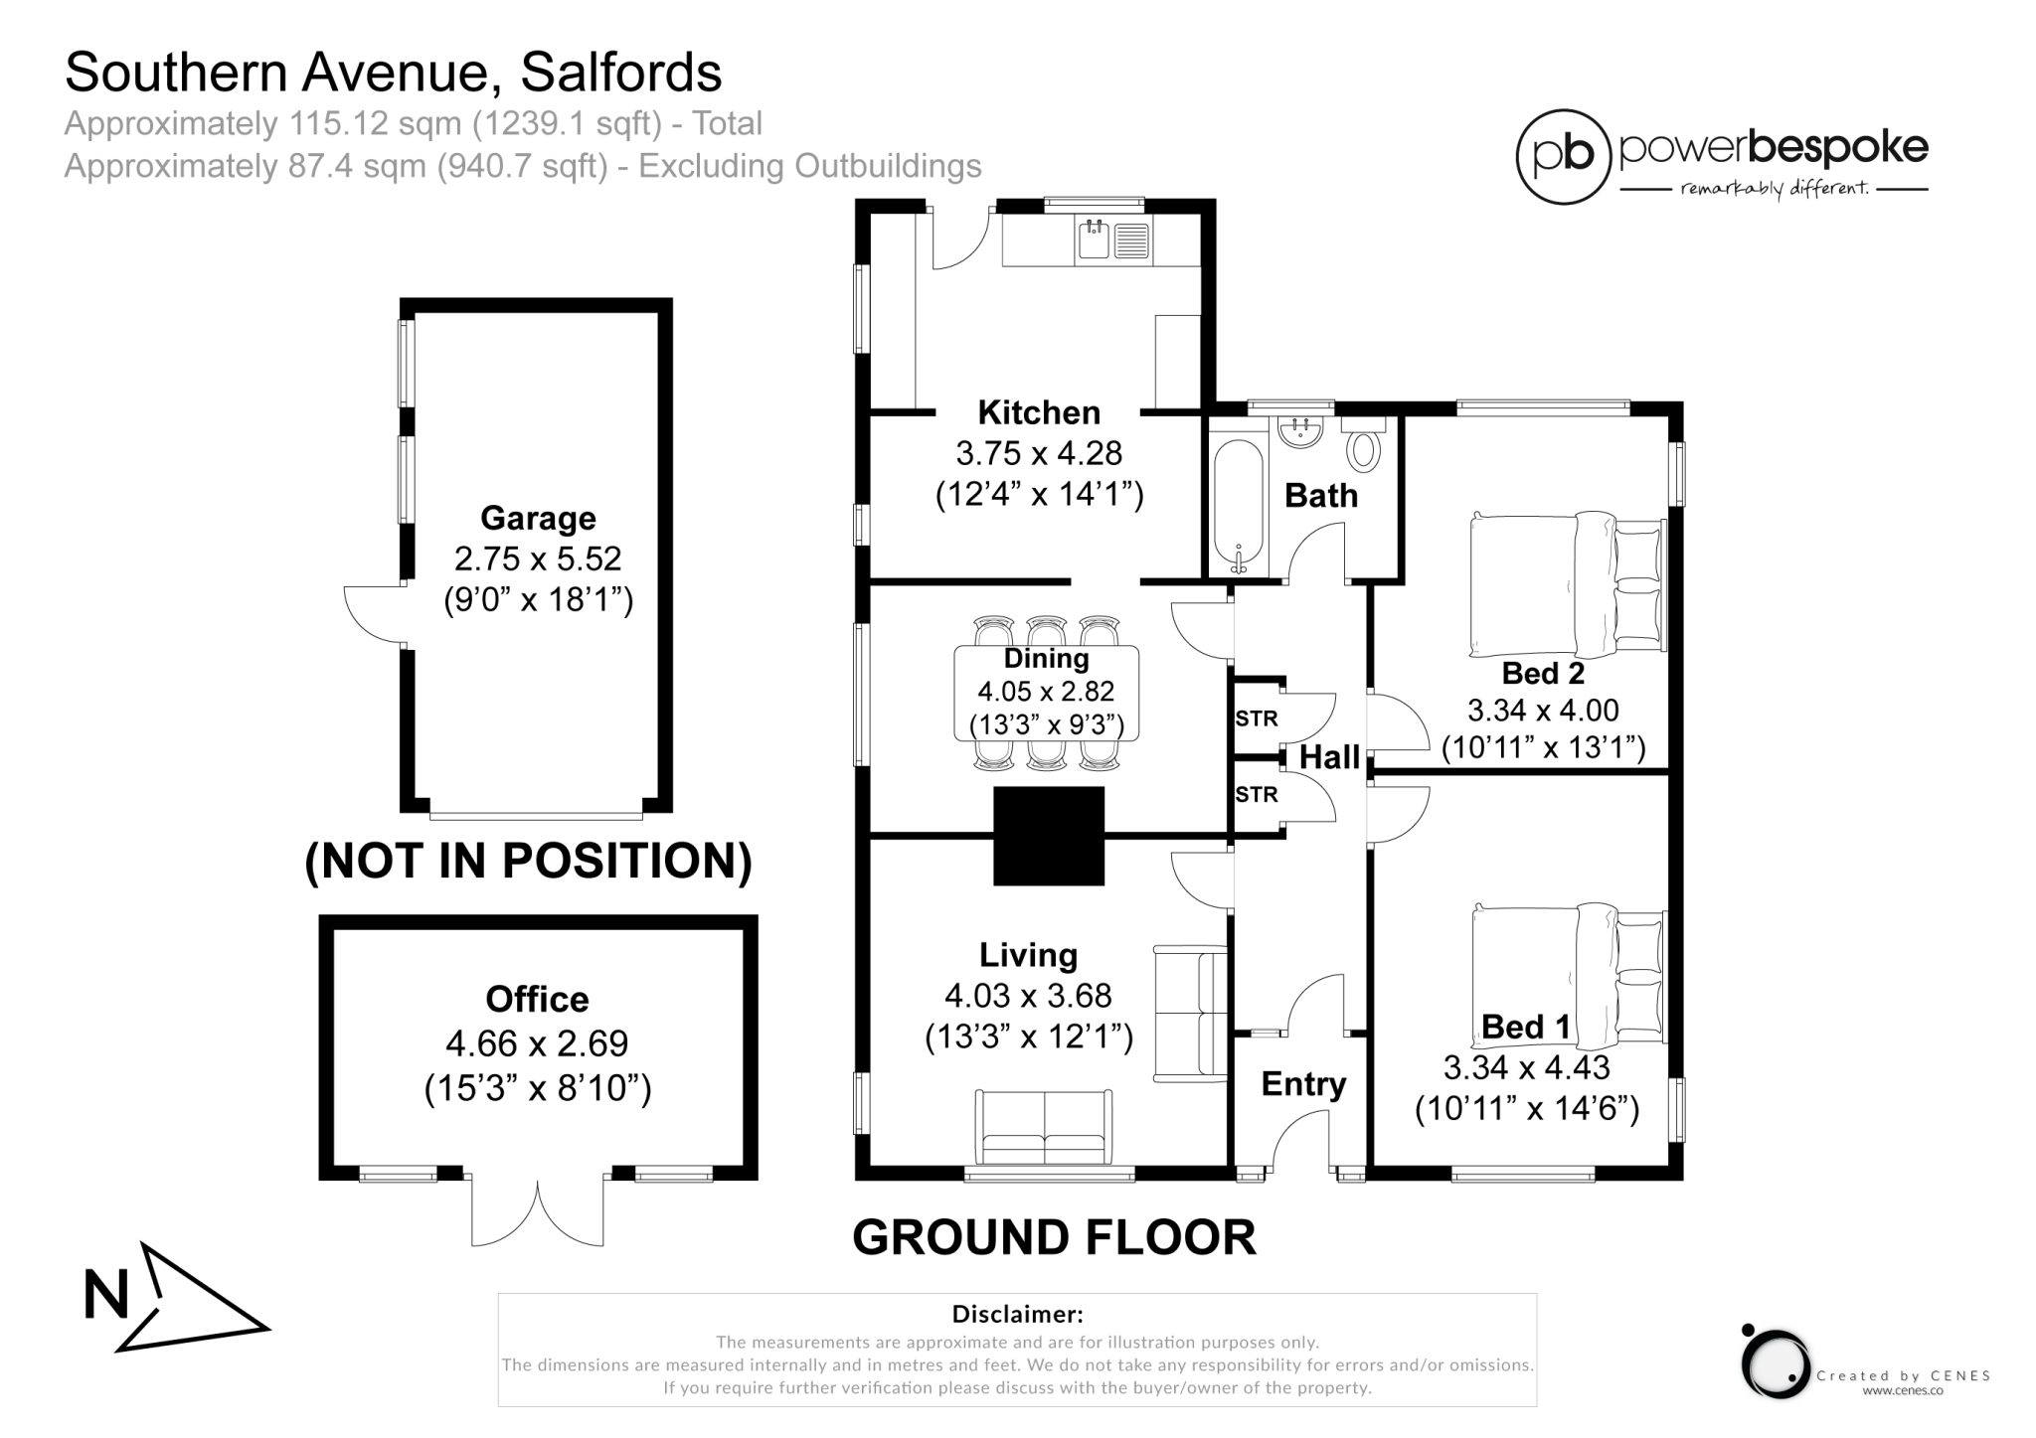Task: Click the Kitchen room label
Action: point(1039,411)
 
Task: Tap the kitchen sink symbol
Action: point(1096,240)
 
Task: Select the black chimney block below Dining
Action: point(1049,836)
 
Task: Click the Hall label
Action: point(1329,757)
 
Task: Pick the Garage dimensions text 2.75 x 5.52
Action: point(538,559)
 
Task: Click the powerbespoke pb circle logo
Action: point(1564,157)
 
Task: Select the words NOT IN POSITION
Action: point(528,861)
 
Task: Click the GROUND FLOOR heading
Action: point(1054,1237)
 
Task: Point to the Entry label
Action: point(1303,1083)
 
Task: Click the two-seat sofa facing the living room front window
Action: point(1044,1128)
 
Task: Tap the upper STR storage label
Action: point(1256,719)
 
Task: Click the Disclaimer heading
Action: point(1017,1314)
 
